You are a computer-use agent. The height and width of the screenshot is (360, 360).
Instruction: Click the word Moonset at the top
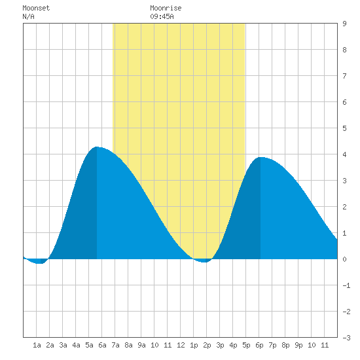36,8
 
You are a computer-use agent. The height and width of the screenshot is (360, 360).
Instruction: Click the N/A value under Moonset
28,16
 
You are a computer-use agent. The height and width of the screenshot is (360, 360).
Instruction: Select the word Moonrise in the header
166,8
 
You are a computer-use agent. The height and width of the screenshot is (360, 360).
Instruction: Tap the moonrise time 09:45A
162,16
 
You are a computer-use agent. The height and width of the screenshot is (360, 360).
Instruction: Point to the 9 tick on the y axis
344,24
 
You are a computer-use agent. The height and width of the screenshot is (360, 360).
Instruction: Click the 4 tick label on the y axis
344,154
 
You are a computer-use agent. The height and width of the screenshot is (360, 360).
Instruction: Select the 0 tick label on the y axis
344,259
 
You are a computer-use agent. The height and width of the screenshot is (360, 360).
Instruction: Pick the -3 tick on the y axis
346,338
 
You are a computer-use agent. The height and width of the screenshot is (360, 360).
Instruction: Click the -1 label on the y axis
346,285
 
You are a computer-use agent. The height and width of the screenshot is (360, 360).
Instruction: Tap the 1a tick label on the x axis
37,345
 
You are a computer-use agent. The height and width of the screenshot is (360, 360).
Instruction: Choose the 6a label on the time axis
102,345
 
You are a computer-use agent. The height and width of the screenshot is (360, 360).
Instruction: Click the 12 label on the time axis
181,345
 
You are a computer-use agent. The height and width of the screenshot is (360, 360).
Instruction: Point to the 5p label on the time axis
246,345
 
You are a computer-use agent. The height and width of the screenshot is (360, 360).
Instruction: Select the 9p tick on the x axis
298,345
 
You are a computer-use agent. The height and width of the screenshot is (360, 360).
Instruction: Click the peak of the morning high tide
97,147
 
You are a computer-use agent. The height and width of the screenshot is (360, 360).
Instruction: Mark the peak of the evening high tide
261,157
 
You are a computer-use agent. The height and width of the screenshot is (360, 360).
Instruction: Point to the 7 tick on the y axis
344,76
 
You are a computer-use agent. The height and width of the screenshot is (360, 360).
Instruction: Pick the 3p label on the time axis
220,345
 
